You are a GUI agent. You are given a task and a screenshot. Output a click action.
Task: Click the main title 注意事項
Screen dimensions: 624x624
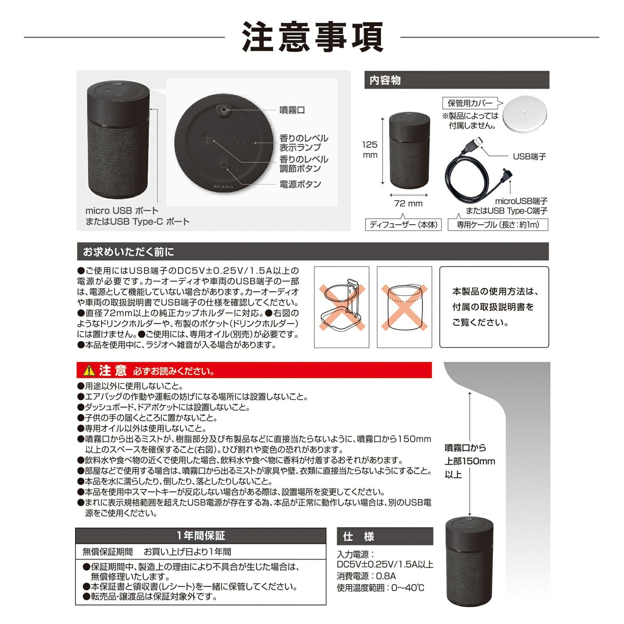(x=312, y=37)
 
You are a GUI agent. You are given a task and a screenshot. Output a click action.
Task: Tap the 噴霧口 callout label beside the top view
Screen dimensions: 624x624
(x=292, y=110)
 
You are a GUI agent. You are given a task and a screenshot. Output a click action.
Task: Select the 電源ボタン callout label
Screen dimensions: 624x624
(x=300, y=184)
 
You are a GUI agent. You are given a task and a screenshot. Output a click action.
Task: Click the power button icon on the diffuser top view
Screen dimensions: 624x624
(x=224, y=164)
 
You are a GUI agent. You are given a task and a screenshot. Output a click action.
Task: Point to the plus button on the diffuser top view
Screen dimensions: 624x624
(x=208, y=139)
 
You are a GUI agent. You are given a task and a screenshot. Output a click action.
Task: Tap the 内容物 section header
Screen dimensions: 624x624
(x=385, y=80)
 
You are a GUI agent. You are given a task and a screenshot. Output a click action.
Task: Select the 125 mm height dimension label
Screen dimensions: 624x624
(x=369, y=150)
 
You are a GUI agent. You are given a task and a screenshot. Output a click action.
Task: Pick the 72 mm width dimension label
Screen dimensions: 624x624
(x=408, y=203)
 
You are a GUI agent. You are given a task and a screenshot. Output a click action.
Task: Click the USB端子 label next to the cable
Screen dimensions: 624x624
(x=529, y=156)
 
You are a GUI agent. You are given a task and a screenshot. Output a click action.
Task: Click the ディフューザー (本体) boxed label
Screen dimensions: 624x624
(x=403, y=225)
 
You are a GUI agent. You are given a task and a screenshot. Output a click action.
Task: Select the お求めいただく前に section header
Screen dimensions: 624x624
(x=129, y=252)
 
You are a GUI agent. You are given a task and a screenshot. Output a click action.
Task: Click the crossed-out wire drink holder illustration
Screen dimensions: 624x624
(x=342, y=307)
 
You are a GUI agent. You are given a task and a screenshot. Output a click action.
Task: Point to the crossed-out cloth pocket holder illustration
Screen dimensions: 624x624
(x=404, y=307)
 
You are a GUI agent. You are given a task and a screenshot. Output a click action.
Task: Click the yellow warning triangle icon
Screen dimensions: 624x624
(x=89, y=370)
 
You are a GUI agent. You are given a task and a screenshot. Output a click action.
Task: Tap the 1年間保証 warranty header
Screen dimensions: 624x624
(x=201, y=536)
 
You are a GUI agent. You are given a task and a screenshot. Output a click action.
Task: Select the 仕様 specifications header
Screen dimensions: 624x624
(x=359, y=536)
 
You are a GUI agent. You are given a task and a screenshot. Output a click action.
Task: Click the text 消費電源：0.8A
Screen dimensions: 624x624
(x=366, y=576)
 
